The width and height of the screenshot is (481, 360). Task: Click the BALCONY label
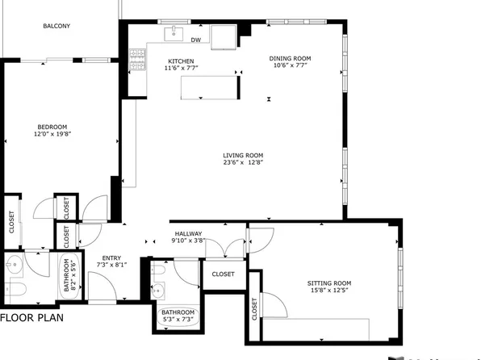coord(56,26)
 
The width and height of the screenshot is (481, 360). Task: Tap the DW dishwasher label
coord(195,39)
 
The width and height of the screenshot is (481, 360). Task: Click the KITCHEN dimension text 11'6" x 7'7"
coord(181,69)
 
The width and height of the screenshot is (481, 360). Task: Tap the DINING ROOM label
coord(289,58)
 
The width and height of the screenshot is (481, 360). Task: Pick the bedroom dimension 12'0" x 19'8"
coord(52,134)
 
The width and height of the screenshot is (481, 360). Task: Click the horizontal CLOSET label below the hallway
coord(224,274)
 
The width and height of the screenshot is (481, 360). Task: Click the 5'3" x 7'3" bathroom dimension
coord(177,320)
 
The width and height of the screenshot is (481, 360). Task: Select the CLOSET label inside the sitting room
coord(255,309)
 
